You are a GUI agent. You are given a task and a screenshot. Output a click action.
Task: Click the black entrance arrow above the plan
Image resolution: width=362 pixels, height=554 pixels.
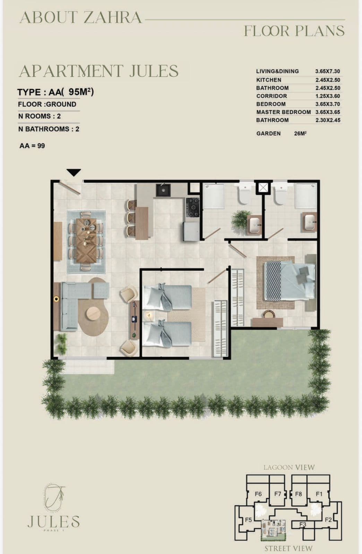pyautogui.click(x=74, y=172)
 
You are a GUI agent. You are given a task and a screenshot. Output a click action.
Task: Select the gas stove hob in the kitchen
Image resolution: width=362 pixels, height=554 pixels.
pyautogui.click(x=193, y=207)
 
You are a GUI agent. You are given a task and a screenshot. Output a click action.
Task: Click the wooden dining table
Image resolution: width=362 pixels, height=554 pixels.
pyautogui.click(x=86, y=240)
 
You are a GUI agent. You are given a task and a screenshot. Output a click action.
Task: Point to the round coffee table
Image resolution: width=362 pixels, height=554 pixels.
pyautogui.click(x=93, y=314)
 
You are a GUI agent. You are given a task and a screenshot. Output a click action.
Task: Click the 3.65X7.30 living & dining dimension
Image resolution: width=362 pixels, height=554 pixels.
pyautogui.click(x=328, y=71)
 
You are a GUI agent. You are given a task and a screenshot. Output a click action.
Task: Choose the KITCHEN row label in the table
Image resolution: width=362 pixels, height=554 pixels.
pyautogui.click(x=269, y=80)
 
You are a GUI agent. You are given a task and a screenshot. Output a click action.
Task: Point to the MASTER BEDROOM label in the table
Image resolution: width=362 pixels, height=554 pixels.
pyautogui.click(x=284, y=112)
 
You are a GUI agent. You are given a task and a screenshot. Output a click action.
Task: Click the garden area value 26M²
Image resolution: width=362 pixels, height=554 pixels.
pyautogui.click(x=300, y=133)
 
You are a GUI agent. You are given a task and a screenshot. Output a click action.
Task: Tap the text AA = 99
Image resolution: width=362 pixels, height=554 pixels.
pyautogui.click(x=32, y=146)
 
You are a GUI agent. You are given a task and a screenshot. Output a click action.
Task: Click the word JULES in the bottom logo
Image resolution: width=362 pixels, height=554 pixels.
pyautogui.click(x=53, y=521)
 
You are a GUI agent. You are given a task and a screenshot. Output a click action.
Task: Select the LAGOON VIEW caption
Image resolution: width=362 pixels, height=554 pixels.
pyautogui.click(x=289, y=467)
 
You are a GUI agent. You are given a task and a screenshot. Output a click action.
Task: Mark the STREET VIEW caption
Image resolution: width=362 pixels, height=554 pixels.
pyautogui.click(x=288, y=548)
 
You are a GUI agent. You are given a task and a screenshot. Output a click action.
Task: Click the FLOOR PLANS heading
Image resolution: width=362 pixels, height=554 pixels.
pyautogui.click(x=294, y=31)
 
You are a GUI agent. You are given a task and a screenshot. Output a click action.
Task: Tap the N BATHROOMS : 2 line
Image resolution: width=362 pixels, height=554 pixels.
pyautogui.click(x=49, y=129)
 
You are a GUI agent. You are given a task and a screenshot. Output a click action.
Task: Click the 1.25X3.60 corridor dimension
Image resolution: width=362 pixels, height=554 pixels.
pyautogui.click(x=328, y=96)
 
